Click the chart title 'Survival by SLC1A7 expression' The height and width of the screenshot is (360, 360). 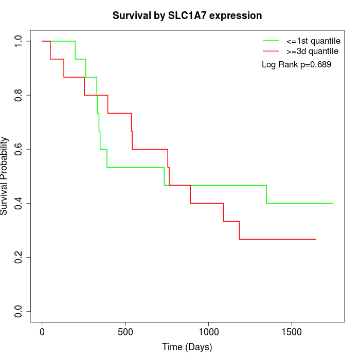(187, 15)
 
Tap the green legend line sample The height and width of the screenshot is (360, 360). (271, 40)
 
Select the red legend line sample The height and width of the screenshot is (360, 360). (271, 51)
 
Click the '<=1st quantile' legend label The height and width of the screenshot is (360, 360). (313, 40)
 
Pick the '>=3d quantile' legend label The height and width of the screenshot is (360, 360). (312, 51)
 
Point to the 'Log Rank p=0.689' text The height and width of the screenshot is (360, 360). (297, 65)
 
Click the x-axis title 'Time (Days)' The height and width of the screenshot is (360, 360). (187, 347)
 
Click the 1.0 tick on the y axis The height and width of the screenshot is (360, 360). (19, 41)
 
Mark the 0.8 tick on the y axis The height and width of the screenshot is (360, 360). (19, 95)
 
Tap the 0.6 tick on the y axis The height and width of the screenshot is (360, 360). (19, 149)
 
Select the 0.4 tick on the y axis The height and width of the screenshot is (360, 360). (19, 203)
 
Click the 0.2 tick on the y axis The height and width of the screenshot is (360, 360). (19, 257)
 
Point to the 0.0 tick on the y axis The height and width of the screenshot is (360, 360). (19, 311)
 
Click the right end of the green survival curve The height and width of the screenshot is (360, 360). (333, 203)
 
